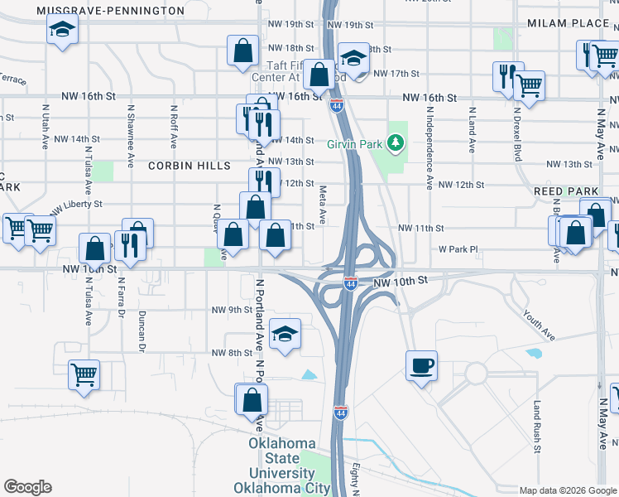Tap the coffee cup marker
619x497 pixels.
[422, 365]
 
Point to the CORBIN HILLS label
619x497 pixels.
[189, 166]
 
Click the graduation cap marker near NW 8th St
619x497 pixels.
[286, 333]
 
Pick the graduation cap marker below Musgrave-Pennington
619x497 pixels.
[62, 31]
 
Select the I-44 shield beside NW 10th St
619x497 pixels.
[350, 283]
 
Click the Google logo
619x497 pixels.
[27, 487]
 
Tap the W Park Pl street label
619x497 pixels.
[458, 248]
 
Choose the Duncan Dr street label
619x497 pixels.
[142, 327]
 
